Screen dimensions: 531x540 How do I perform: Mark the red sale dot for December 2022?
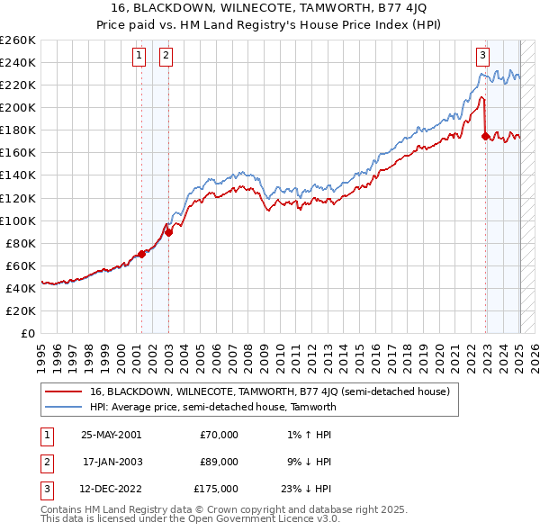point(486,136)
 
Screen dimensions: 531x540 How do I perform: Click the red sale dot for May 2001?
point(141,254)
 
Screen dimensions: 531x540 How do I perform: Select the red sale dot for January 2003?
point(167,232)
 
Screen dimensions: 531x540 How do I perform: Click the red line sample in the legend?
point(64,391)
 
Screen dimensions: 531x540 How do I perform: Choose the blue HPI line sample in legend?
point(64,407)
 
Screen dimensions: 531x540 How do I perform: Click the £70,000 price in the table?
point(219,435)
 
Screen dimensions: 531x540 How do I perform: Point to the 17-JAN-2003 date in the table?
point(112,462)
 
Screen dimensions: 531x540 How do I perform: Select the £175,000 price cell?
point(215,489)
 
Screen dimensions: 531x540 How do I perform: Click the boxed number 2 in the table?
point(44,462)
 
